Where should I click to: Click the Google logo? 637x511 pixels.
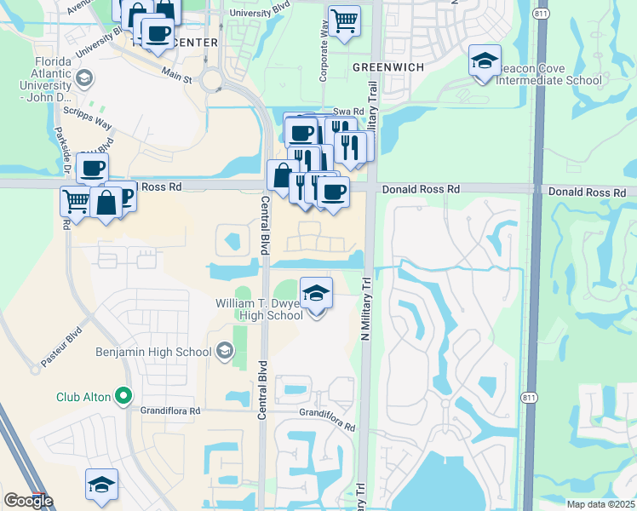click(x=28, y=501)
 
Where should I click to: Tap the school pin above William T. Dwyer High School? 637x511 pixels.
click(x=316, y=294)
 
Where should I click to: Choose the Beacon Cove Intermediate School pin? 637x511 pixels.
click(x=485, y=61)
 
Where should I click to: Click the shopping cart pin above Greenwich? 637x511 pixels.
click(x=343, y=20)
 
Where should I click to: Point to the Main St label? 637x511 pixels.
click(x=177, y=77)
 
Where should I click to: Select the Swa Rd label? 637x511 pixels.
click(x=348, y=112)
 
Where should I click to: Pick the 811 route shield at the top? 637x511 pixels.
click(x=541, y=14)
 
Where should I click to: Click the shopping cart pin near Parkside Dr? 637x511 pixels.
click(x=76, y=201)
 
